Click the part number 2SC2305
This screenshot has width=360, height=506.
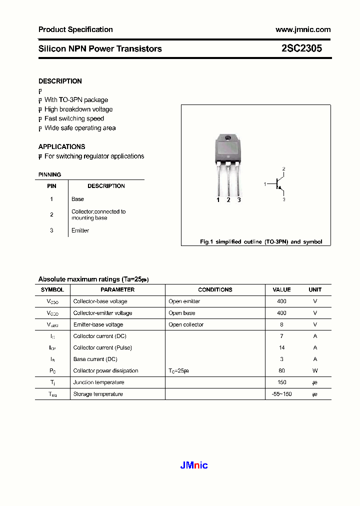click(x=301, y=48)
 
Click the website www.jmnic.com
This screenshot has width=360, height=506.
click(x=303, y=29)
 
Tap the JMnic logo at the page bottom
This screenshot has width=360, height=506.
click(x=193, y=465)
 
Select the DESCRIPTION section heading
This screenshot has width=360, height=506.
click(x=60, y=81)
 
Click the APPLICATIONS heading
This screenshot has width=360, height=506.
click(x=61, y=146)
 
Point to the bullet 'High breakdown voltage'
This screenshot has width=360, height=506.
click(x=78, y=109)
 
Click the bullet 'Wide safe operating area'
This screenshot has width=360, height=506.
click(x=79, y=128)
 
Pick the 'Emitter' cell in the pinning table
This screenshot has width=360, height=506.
click(x=80, y=230)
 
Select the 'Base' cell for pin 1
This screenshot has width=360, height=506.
click(x=77, y=199)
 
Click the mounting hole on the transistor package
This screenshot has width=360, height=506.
click(x=228, y=138)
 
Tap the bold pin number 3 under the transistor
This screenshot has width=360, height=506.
click(x=239, y=200)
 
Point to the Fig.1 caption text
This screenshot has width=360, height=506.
click(x=261, y=241)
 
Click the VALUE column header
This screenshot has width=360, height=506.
click(x=281, y=289)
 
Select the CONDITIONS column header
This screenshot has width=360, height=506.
click(x=215, y=289)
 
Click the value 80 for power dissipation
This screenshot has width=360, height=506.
click(x=281, y=370)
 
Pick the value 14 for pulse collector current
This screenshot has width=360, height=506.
click(x=281, y=347)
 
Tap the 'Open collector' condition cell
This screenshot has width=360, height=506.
click(x=186, y=324)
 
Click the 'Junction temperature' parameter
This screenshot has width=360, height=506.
click(x=98, y=382)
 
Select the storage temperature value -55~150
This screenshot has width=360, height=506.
click(x=281, y=394)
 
